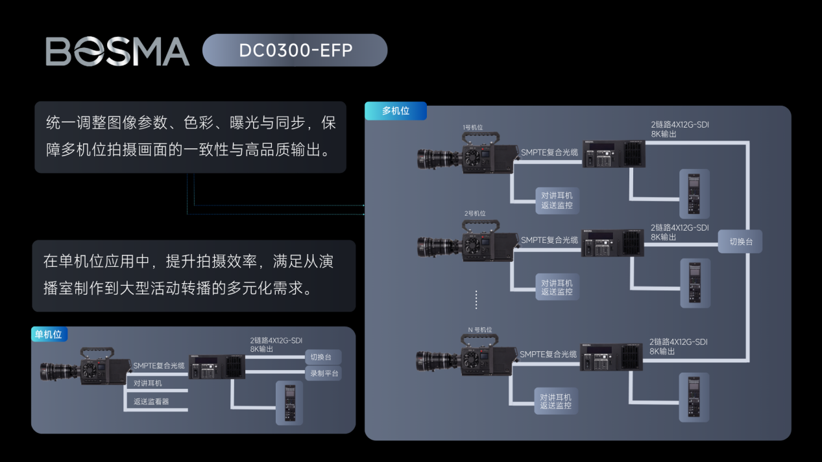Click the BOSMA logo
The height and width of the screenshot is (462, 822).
tap(117, 51)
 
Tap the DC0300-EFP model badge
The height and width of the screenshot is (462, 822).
tap(295, 51)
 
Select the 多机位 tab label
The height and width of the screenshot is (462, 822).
tap(395, 111)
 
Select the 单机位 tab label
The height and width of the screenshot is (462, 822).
tap(49, 334)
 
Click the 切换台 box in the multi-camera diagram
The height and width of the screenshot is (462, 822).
tap(740, 242)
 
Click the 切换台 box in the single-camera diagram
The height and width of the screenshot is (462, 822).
tap(322, 357)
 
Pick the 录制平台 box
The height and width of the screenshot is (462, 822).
tap(322, 374)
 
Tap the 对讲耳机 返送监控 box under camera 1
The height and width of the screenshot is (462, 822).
tap(557, 200)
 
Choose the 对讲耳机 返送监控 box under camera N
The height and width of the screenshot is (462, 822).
tap(556, 401)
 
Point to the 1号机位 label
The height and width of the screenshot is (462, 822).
tap(474, 128)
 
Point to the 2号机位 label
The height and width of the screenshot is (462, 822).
tap(475, 213)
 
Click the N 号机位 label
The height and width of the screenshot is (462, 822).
tap(480, 330)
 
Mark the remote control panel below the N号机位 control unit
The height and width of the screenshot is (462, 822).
tap(694, 397)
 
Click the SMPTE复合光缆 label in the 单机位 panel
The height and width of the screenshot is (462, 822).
tap(159, 365)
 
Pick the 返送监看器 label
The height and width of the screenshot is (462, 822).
tap(151, 402)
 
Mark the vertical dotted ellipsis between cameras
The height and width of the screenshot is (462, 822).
tap(476, 300)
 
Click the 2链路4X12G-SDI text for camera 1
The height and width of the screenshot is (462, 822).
tap(679, 124)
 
